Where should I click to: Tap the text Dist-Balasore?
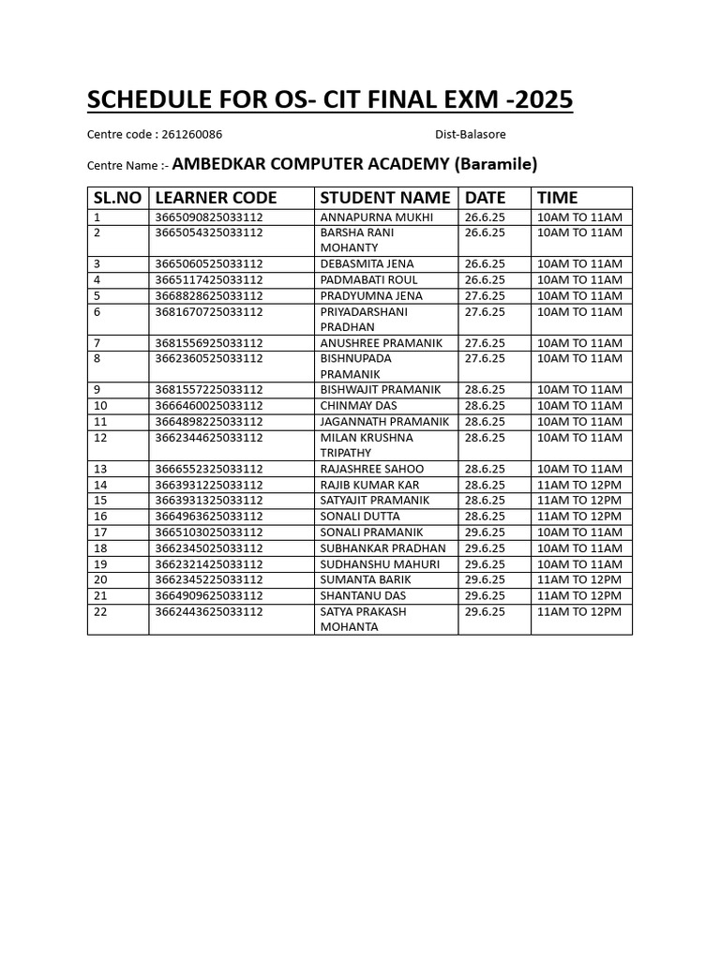[x=470, y=135]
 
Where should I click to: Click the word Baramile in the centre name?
[x=497, y=165]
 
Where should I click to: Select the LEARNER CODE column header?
[x=216, y=198]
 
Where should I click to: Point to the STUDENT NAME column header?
[x=385, y=198]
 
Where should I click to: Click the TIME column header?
[x=557, y=198]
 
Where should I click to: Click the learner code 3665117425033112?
[x=209, y=280]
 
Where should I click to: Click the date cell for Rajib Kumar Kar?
[x=485, y=485]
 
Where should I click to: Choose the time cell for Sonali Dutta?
[x=578, y=517]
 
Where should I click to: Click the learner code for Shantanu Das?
[x=209, y=595]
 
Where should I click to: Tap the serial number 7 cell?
[x=97, y=343]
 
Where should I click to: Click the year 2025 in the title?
[x=542, y=99]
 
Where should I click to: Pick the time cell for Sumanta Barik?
[x=578, y=580]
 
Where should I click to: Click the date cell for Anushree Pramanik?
[x=485, y=343]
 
